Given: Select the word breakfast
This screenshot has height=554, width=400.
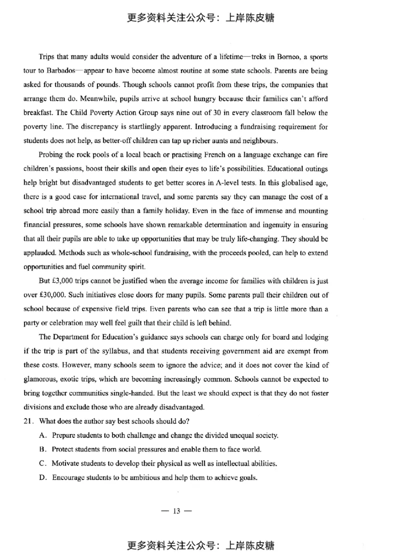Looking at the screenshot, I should click(x=38, y=112).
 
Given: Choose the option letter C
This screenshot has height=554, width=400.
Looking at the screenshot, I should click(x=42, y=463).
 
